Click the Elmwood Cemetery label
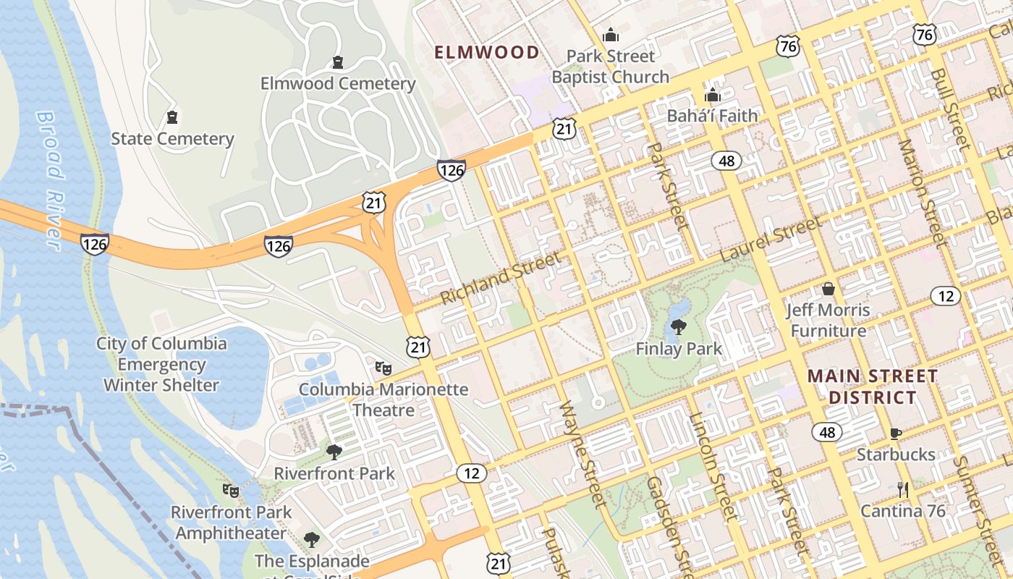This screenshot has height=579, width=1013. [x=338, y=83]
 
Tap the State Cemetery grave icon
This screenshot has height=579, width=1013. [x=171, y=117]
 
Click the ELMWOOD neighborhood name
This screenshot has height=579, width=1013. [x=486, y=52]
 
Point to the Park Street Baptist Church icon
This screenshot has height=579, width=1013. [x=611, y=35]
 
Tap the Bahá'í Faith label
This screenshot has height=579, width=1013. [x=712, y=115]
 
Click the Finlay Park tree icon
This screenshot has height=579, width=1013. [x=678, y=327]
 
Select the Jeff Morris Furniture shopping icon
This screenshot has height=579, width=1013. [x=828, y=289]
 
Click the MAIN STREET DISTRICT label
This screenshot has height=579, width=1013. [x=873, y=386]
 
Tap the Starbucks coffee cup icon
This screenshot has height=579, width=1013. [x=895, y=434]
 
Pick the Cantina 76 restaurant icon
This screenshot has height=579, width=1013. [x=902, y=490]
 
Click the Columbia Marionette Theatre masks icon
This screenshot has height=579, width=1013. [x=383, y=368]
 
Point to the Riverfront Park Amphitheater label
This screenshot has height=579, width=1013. [x=231, y=523]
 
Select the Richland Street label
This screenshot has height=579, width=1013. [x=500, y=278]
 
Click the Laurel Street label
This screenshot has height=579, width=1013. [x=771, y=240]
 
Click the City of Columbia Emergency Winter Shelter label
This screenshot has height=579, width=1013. [x=161, y=364]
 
